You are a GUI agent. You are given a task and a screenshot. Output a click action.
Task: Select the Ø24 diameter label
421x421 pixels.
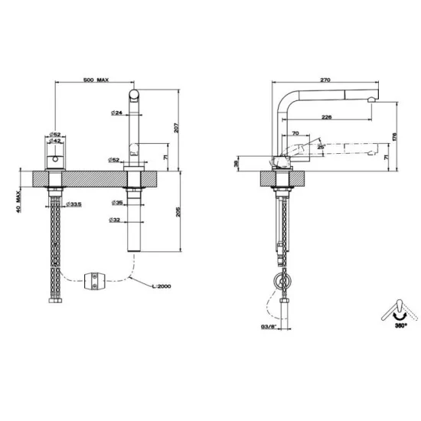[116, 113]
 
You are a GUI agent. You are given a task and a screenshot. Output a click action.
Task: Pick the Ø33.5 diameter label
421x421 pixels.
[74, 204]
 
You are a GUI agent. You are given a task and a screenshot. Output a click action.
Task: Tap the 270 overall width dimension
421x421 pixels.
[325, 79]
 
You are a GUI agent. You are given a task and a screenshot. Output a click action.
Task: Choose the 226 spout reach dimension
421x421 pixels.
[327, 117]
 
